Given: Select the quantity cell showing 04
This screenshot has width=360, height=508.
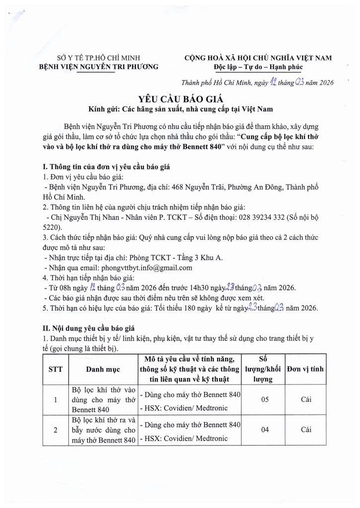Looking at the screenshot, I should tap(264, 430).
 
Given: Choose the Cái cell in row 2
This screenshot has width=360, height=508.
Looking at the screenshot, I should tap(306, 430).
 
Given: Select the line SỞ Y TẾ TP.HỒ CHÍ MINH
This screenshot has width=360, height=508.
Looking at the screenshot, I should tap(98, 58).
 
